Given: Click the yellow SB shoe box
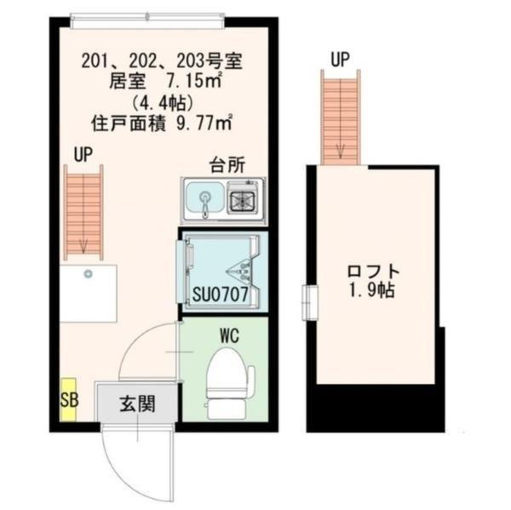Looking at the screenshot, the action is pyautogui.click(x=68, y=399).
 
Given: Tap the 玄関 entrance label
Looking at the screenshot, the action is pyautogui.click(x=137, y=404).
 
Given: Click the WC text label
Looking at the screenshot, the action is pyautogui.click(x=230, y=335).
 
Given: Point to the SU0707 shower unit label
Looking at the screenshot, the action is pyautogui.click(x=221, y=294).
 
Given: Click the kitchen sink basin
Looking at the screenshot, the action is pyautogui.click(x=205, y=201).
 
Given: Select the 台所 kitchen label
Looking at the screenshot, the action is pyautogui.click(x=227, y=165).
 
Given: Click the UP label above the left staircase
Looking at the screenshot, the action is pyautogui.click(x=83, y=155).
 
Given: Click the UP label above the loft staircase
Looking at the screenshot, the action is pyautogui.click(x=340, y=60).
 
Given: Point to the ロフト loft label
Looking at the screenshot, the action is pyautogui.click(x=373, y=272).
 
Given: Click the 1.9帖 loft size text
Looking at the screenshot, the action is pyautogui.click(x=372, y=290).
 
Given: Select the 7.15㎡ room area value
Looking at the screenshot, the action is pyautogui.click(x=194, y=82).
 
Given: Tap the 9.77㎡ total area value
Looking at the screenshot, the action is pyautogui.click(x=204, y=123).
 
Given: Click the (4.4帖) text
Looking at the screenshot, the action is pyautogui.click(x=162, y=103).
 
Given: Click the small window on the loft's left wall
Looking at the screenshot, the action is pyautogui.click(x=310, y=303).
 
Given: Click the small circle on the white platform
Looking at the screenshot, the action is pyautogui.click(x=88, y=274).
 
